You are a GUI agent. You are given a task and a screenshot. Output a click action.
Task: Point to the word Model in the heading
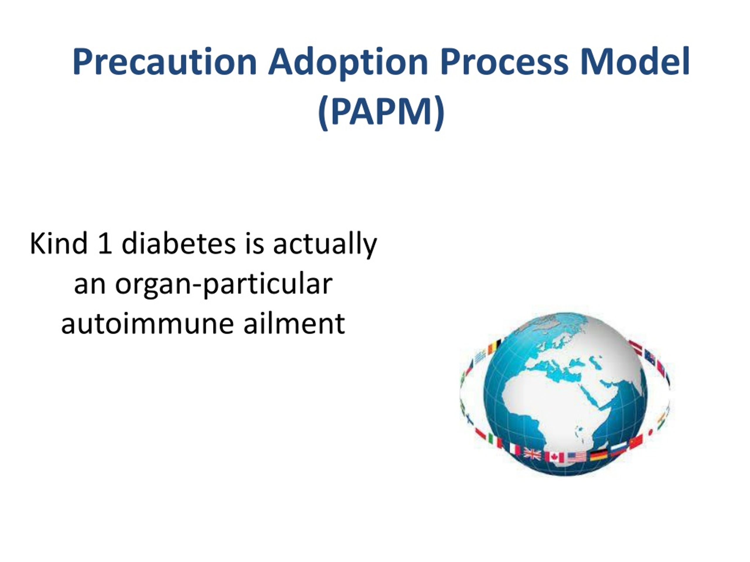(634, 62)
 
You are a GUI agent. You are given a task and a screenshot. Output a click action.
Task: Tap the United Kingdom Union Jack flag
(532, 454)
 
